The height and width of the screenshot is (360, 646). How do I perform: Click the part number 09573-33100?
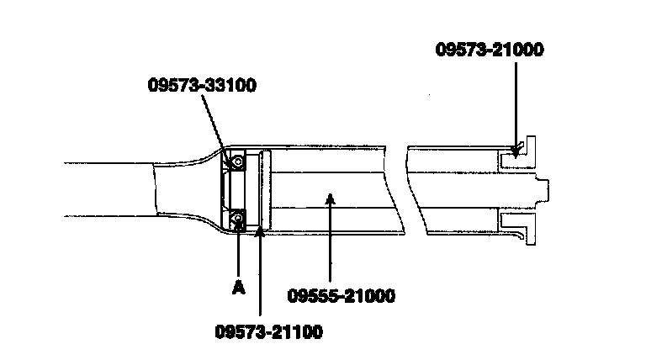click(x=202, y=85)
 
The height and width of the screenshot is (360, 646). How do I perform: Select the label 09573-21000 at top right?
click(x=490, y=50)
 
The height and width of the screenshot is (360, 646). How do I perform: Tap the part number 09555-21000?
click(x=342, y=295)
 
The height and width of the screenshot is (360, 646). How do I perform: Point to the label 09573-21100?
click(x=267, y=331)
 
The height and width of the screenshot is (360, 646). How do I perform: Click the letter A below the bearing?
click(x=238, y=288)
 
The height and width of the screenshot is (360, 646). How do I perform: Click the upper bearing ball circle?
click(x=239, y=161)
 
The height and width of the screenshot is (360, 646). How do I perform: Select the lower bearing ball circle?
click(x=239, y=220)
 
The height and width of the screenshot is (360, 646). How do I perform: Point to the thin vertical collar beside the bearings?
click(x=264, y=190)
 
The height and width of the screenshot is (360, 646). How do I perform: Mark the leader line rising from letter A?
click(x=238, y=252)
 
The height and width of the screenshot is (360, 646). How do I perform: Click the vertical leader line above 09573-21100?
click(x=261, y=278)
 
